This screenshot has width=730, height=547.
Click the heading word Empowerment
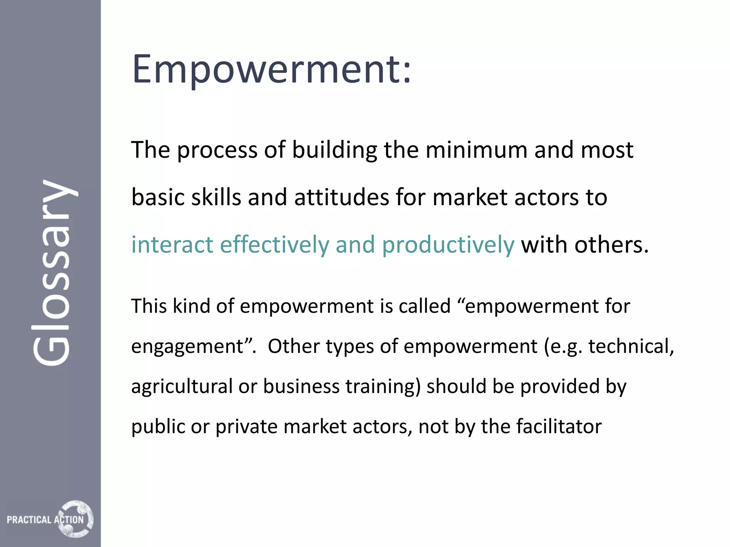click(x=271, y=69)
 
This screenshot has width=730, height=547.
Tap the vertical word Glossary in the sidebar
click(x=53, y=272)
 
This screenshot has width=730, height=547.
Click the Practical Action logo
click(x=50, y=519)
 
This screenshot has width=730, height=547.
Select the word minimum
click(x=476, y=150)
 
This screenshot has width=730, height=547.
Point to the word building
click(x=334, y=150)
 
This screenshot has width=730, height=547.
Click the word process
click(x=217, y=151)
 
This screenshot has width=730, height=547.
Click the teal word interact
click(x=172, y=245)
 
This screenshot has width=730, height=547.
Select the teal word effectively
click(x=274, y=245)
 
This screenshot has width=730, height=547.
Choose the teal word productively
click(x=448, y=245)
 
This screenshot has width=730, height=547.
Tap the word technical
click(x=631, y=346)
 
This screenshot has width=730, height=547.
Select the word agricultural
click(x=182, y=387)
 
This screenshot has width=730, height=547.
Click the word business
click(x=301, y=386)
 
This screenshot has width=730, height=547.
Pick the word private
click(x=246, y=427)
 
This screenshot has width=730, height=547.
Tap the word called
click(x=425, y=306)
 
